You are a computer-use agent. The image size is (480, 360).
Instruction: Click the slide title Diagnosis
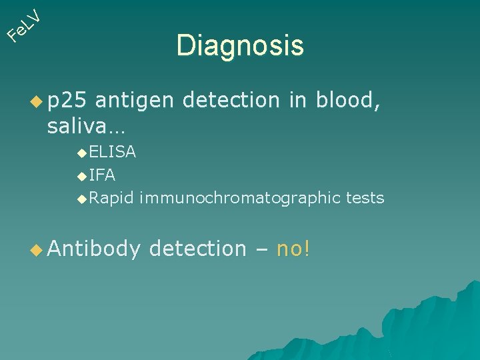[240, 46]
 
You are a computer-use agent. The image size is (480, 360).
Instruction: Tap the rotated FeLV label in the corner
[25, 24]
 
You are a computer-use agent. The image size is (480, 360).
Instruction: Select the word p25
[67, 100]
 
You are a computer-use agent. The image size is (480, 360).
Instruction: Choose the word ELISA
[113, 152]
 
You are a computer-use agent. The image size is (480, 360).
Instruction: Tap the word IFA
[102, 175]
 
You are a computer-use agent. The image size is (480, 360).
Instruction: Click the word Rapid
[111, 198]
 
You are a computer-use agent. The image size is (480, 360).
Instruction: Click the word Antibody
[94, 249]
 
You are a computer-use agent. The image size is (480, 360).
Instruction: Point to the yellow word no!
[293, 249]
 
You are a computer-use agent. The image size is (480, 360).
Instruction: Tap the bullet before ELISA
[81, 153]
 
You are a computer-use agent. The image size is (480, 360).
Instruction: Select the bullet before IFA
[81, 177]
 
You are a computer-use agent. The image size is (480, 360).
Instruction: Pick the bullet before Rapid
[81, 199]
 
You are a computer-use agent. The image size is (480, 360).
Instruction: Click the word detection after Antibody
[198, 249]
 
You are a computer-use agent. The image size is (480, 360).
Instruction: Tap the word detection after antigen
[231, 100]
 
